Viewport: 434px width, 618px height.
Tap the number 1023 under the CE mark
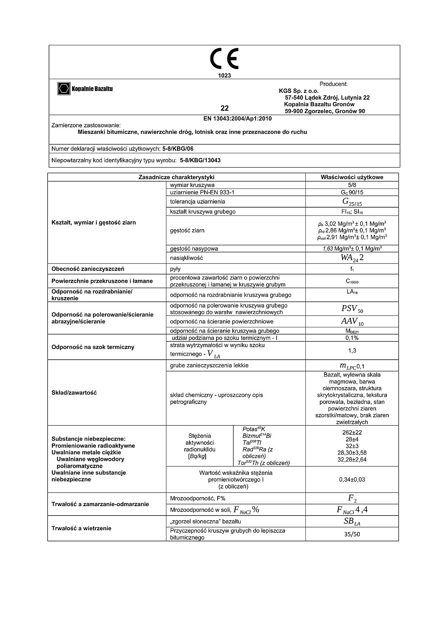[224, 76]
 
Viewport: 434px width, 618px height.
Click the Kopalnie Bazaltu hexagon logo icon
[64, 88]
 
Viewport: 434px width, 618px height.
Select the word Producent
[333, 84]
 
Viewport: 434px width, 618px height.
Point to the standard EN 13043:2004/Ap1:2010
[235, 119]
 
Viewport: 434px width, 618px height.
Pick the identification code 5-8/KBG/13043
[200, 160]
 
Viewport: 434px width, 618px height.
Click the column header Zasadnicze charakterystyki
[176, 177]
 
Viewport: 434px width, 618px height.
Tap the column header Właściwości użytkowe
[352, 177]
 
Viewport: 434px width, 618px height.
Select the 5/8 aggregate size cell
[352, 185]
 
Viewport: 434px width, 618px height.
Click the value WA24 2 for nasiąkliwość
[352, 258]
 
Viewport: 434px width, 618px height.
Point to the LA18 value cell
[352, 292]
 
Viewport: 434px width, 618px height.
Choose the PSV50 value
[352, 309]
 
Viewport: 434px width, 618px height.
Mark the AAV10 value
[352, 322]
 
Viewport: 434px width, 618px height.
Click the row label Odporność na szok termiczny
[93, 347]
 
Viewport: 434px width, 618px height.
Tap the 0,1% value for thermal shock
[352, 338]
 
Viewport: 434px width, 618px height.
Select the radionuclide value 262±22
[352, 432]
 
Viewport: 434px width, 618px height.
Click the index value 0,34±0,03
[352, 480]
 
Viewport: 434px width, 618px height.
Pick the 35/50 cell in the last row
[352, 534]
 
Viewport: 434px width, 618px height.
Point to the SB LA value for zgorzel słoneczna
[352, 522]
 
